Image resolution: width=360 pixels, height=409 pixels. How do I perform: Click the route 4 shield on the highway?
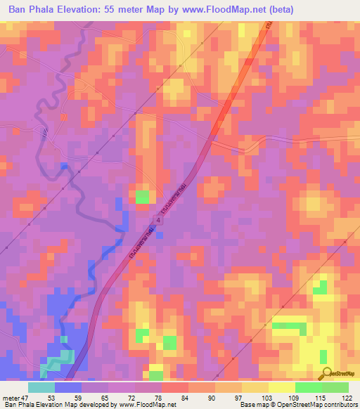pyautogui.click(x=159, y=221)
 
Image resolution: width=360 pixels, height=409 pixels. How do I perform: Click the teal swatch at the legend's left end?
pyautogui.click(x=41, y=387)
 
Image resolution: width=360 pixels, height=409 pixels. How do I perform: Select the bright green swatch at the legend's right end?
pyautogui.click(x=335, y=387)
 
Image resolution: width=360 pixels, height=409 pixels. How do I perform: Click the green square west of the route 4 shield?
pyautogui.click(x=143, y=197)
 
